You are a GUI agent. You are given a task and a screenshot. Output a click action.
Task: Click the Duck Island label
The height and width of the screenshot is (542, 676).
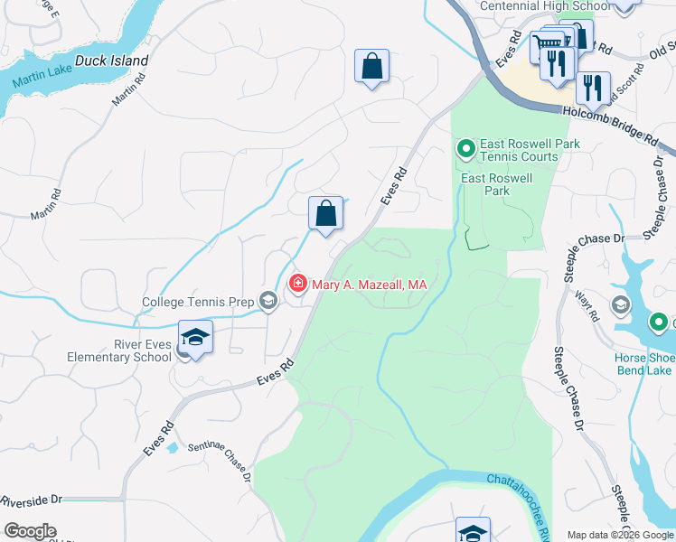(111, 61)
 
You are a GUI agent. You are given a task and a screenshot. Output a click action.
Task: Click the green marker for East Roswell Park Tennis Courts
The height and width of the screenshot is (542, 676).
(465, 148)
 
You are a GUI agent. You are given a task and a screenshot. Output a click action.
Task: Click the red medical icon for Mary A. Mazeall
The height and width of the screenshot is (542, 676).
(297, 285)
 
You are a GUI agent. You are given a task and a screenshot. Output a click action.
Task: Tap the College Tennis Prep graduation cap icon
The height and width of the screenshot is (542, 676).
(268, 302)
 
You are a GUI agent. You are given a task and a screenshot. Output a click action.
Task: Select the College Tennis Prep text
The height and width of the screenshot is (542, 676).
(197, 303)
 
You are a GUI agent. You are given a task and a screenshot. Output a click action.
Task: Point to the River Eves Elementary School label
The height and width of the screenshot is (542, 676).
(118, 350)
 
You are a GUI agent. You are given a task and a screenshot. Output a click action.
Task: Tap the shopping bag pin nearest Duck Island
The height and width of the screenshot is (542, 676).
(371, 66)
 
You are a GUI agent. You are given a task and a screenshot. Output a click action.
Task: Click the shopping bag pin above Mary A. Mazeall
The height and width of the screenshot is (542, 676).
(326, 214)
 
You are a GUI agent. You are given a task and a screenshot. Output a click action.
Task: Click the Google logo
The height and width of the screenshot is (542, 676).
(30, 531)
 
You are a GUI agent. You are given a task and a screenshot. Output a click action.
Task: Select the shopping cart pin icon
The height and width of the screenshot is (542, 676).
(546, 42)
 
